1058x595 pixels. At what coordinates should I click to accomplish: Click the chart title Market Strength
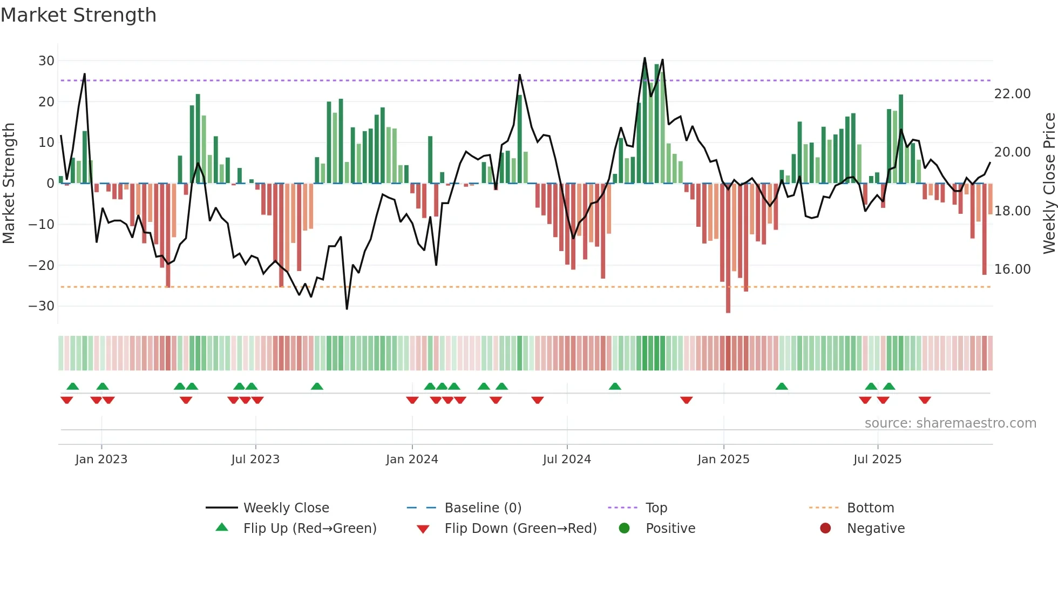pyautogui.click(x=78, y=15)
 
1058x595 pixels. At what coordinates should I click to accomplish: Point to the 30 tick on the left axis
pyautogui.click(x=46, y=61)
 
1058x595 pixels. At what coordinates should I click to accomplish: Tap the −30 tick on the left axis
pyautogui.click(x=42, y=306)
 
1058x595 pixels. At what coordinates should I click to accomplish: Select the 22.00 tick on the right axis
pyautogui.click(x=1012, y=94)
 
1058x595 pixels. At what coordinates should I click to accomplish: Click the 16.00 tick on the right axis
pyautogui.click(x=1012, y=269)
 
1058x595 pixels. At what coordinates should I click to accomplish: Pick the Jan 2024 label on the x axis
pyautogui.click(x=412, y=459)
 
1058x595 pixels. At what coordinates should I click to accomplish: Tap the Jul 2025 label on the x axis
pyautogui.click(x=877, y=459)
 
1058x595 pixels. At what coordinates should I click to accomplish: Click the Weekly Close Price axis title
pyautogui.click(x=1049, y=184)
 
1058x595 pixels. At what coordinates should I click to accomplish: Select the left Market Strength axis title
pyautogui.click(x=9, y=184)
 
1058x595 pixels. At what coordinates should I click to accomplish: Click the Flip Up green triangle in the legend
pyautogui.click(x=222, y=528)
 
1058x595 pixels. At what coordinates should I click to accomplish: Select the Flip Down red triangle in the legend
pyautogui.click(x=423, y=529)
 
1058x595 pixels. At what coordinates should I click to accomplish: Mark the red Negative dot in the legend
pyautogui.click(x=825, y=528)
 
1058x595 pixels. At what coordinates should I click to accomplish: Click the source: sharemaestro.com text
pyautogui.click(x=950, y=423)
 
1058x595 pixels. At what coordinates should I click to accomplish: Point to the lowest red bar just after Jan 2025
pyautogui.click(x=728, y=248)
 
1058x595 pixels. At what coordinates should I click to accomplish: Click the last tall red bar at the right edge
pyautogui.click(x=984, y=229)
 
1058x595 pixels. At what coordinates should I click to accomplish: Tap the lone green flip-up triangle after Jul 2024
pyautogui.click(x=615, y=386)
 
